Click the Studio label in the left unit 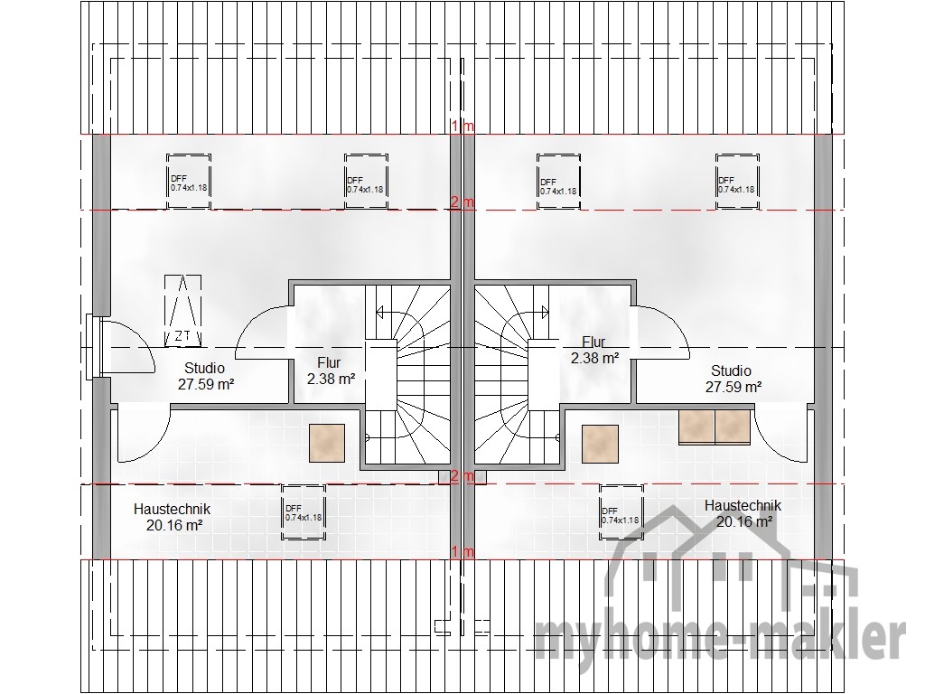pos(205,369)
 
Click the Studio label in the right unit pos(731,370)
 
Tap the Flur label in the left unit pos(329,362)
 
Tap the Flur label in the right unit pos(593,342)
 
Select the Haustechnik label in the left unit pos(172,509)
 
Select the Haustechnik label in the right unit pos(743,506)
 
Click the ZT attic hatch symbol pos(182,311)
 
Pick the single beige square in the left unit pos(327,443)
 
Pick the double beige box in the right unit pos(715,427)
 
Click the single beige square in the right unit pos(601,444)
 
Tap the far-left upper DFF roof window pos(189,181)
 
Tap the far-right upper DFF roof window pos(737,182)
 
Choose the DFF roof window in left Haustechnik pos(304,512)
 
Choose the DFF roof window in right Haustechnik pos(621,512)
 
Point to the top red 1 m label pos(463,126)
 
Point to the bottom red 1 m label pos(463,552)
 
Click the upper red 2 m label pos(462,202)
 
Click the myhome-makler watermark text pos(720,637)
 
